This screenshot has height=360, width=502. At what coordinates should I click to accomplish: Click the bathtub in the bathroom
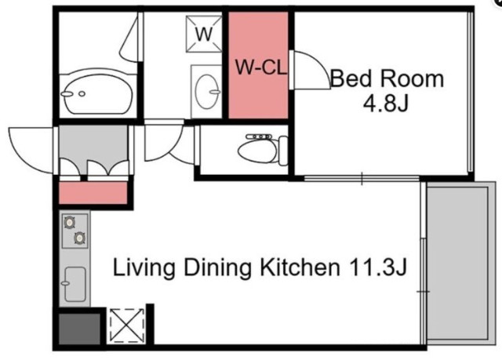[98, 94]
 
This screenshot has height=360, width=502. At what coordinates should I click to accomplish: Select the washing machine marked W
[204, 34]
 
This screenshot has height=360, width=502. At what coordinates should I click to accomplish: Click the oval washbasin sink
[207, 92]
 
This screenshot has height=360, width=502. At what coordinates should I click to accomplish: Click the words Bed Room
[387, 78]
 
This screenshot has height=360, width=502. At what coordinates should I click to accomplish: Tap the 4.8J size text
[386, 103]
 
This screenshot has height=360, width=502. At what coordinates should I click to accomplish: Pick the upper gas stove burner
[70, 222]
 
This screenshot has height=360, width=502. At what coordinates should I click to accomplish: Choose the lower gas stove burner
[80, 238]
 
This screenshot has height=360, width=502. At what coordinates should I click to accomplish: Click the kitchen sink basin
[75, 284]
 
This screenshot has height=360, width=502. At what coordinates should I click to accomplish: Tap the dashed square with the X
[127, 325]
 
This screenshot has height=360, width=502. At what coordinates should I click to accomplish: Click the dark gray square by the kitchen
[79, 329]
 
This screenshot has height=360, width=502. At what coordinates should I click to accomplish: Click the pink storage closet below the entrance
[93, 193]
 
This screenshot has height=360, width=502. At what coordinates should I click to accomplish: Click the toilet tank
[283, 151]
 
